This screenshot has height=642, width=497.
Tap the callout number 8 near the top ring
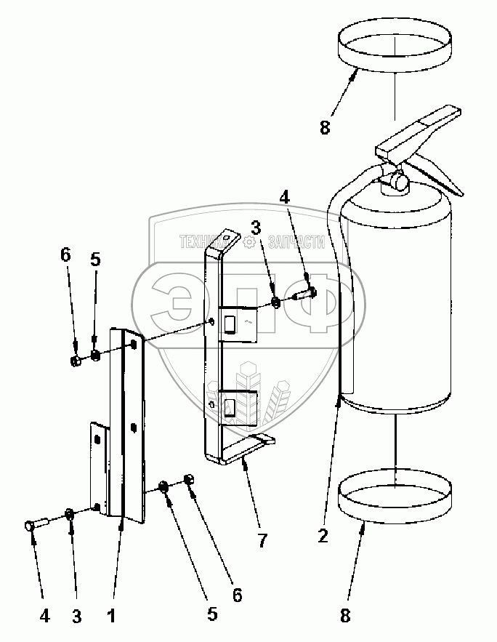(x=324, y=127)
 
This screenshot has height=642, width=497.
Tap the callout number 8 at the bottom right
(x=344, y=616)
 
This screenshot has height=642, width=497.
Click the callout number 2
(x=323, y=536)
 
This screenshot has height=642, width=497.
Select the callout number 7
(x=262, y=541)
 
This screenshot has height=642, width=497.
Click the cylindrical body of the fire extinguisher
(x=398, y=305)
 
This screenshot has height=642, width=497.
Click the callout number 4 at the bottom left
(x=44, y=616)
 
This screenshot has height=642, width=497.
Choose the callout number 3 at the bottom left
(x=76, y=616)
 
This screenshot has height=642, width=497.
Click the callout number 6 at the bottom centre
(x=237, y=594)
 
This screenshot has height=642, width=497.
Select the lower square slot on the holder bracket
(x=229, y=407)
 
